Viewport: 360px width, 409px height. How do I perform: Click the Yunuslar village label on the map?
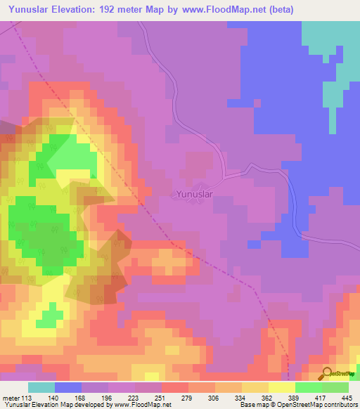pyautogui.click(x=193, y=193)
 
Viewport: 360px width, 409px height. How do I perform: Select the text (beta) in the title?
pyautogui.click(x=278, y=10)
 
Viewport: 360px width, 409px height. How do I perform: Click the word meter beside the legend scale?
pyautogui.click(x=12, y=397)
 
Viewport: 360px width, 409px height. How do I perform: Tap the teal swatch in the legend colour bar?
pyautogui.click(x=41, y=387)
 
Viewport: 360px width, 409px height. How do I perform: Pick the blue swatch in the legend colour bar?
pyautogui.click(x=68, y=387)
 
